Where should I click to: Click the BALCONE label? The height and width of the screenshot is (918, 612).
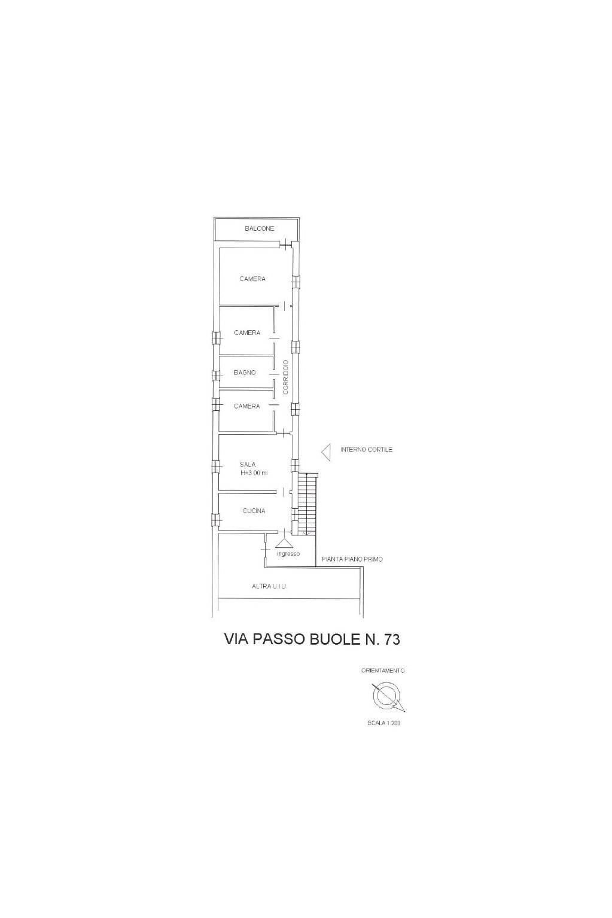point(259,228)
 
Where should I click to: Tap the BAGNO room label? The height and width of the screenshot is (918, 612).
point(245,373)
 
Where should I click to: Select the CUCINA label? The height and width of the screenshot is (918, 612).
point(254,511)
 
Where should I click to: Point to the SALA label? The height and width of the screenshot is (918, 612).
point(248,464)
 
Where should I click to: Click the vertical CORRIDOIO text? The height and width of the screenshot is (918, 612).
point(286,377)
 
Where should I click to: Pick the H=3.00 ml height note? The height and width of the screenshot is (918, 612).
point(254,473)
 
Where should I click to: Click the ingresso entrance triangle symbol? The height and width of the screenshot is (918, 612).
point(284,543)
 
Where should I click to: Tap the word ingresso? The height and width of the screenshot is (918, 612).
point(288,554)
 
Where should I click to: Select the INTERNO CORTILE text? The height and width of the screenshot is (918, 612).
point(366,450)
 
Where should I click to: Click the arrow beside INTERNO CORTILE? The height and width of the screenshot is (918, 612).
point(327,452)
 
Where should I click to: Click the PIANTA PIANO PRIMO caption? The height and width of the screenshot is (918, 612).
point(352,559)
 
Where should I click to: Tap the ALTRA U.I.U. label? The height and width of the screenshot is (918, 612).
point(269,587)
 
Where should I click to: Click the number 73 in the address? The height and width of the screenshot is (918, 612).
point(389,639)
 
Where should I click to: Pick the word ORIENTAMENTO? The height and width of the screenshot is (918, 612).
point(383,670)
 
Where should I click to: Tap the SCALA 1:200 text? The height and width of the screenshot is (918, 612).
point(383,723)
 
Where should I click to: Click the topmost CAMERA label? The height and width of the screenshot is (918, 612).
point(252,279)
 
